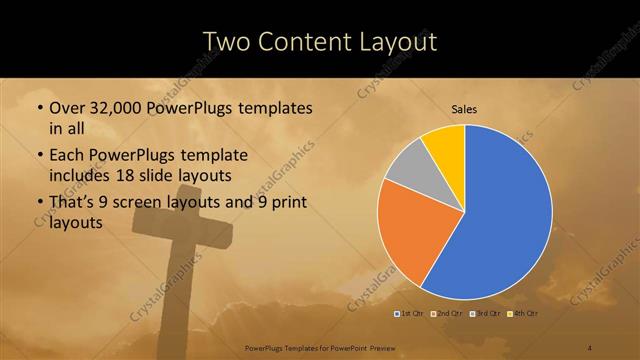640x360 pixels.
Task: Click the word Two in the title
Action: pos(228,42)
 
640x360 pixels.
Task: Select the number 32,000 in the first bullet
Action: pos(119,108)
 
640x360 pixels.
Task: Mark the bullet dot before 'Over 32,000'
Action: pos(39,108)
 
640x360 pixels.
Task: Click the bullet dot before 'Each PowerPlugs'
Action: pos(39,156)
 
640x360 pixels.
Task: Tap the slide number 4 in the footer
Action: pos(589,347)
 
